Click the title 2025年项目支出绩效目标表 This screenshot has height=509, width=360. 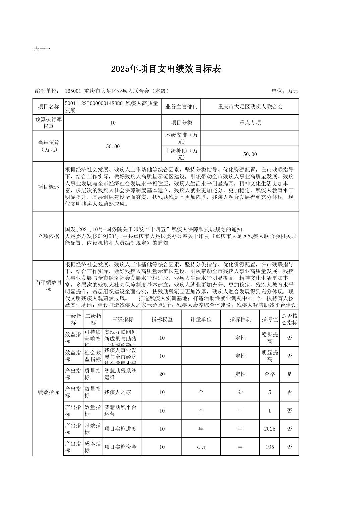[x=166, y=69]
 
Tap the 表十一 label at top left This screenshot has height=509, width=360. [x=42, y=49]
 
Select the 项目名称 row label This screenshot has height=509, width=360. [x=48, y=107]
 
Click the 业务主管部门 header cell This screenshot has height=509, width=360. [x=181, y=107]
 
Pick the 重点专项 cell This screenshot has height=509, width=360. [x=250, y=123]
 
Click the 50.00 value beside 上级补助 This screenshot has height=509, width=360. [x=250, y=154]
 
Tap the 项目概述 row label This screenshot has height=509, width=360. [x=48, y=187]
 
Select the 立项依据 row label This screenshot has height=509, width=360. [x=48, y=236]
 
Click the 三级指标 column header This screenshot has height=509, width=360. [x=123, y=319]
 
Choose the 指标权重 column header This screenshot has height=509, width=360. [x=162, y=319]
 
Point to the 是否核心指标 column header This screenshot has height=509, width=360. [x=289, y=319]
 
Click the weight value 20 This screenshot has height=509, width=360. [x=162, y=374]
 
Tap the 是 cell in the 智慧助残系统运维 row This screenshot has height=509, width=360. [x=289, y=374]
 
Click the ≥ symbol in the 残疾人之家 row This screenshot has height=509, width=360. [x=240, y=392]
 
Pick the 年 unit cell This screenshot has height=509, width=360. [x=201, y=429]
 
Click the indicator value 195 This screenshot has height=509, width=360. [x=269, y=447]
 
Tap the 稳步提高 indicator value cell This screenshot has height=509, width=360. [x=269, y=338]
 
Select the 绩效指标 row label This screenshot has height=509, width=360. [x=48, y=392]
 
